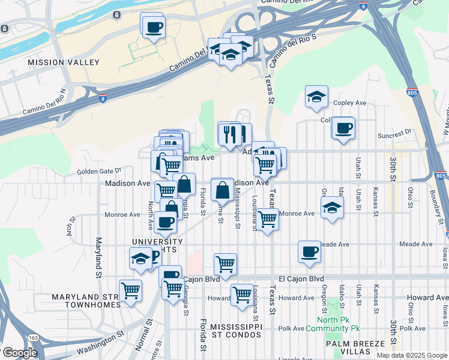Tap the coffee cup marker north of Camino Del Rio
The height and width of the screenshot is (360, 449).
click(x=154, y=26)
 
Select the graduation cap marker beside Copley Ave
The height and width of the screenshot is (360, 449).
click(x=316, y=96)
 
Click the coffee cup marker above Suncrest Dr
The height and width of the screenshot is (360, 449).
click(x=344, y=128)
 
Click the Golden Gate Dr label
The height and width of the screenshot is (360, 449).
click(x=98, y=171)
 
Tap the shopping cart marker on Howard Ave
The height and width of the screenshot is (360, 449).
click(x=242, y=295)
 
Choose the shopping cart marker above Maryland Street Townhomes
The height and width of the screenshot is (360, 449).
click(x=130, y=291)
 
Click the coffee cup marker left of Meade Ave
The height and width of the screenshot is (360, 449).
click(x=310, y=251)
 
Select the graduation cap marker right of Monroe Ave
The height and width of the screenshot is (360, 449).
click(x=332, y=208)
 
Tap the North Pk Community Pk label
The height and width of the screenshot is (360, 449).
click(x=333, y=324)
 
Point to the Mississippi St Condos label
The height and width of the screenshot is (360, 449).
click(x=234, y=331)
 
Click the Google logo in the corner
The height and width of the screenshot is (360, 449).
click(x=19, y=353)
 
